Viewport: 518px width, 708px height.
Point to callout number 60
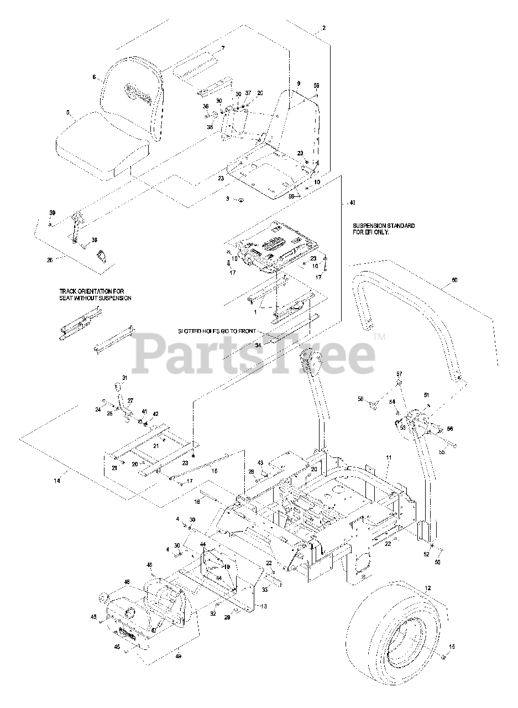point(454,280)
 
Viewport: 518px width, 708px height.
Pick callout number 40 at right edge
point(352,203)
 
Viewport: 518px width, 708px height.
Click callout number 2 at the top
point(323,28)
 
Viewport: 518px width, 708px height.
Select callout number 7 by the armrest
point(223,48)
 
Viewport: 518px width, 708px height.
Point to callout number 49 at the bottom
point(179,656)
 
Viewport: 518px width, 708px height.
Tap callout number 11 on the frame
point(389,458)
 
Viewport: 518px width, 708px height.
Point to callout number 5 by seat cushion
point(67,113)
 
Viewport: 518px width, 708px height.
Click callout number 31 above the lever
point(124,378)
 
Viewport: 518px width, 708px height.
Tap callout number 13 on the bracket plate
point(263,606)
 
